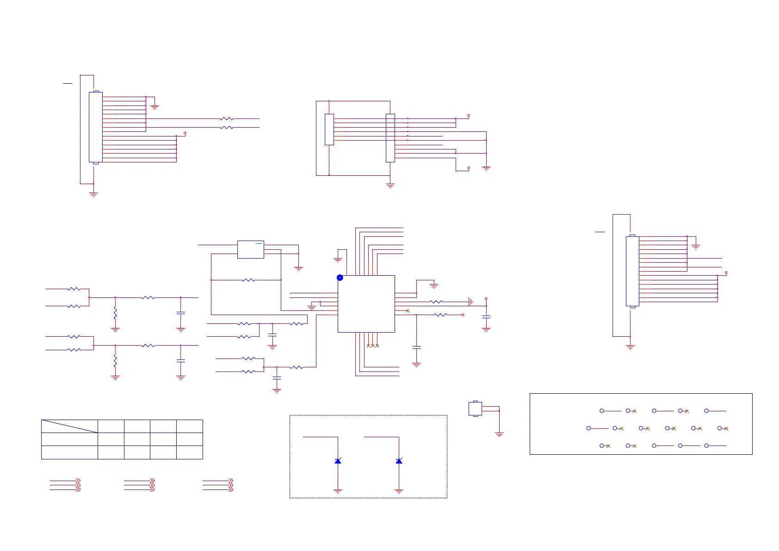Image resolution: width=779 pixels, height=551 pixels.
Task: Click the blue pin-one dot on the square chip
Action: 340,278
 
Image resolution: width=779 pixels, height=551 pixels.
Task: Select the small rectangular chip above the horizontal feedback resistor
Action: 250,249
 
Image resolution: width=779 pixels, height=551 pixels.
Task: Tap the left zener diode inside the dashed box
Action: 338,461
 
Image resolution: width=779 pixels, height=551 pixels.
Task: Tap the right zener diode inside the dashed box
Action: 399,461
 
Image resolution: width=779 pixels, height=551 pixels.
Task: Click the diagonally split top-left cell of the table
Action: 69,426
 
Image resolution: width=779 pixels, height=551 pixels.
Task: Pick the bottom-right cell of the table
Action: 190,452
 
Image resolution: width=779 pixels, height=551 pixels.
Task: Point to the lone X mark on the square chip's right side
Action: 408,310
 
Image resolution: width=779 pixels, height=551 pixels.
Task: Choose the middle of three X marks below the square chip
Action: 373,346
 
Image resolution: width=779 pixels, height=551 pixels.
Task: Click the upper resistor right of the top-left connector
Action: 227,119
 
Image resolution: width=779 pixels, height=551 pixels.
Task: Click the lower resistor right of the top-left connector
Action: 227,127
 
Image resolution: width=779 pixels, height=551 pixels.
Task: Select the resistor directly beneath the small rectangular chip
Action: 248,280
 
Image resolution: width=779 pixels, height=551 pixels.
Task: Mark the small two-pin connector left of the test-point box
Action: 475,409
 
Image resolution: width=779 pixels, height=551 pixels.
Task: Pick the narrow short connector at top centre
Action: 329,130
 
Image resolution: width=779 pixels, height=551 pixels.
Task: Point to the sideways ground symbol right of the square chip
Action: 470,302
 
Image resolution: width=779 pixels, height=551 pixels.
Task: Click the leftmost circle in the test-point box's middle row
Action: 588,428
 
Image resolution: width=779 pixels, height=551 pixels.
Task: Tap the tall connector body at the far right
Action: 632,271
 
